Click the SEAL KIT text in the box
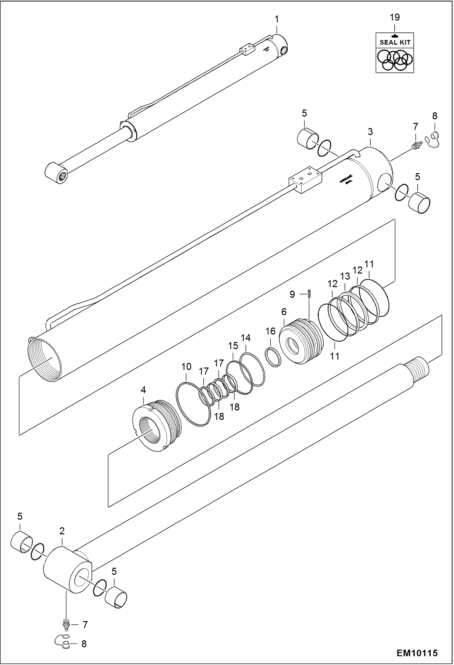pyautogui.click(x=395, y=42)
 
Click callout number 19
pyautogui.click(x=395, y=17)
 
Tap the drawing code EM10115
pyautogui.click(x=417, y=653)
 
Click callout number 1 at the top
pyautogui.click(x=276, y=19)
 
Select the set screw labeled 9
pyautogui.click(x=309, y=294)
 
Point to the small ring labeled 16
pyautogui.click(x=273, y=357)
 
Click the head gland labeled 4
pyautogui.click(x=156, y=425)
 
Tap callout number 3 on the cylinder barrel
pyautogui.click(x=370, y=132)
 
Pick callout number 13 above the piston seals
pyautogui.click(x=345, y=276)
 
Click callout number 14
pyautogui.click(x=245, y=338)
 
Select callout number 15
pyautogui.click(x=233, y=346)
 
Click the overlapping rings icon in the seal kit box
pyautogui.click(x=395, y=60)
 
